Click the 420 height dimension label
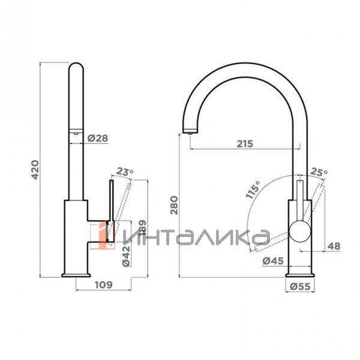click(x=35, y=169)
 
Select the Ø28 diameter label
click(x=98, y=138)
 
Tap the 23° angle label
click(x=125, y=172)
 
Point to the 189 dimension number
click(x=142, y=227)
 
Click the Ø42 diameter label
click(x=126, y=256)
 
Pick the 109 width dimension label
click(x=104, y=284)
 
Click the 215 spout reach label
click(x=245, y=144)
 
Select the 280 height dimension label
click(x=174, y=205)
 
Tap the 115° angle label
click(x=253, y=189)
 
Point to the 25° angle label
click(x=319, y=172)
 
